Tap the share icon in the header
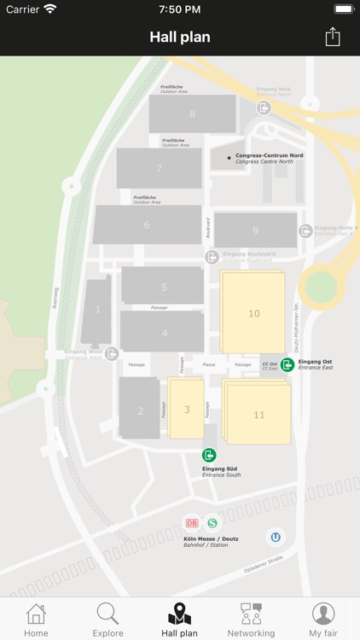[x=333, y=37]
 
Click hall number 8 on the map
[x=192, y=114]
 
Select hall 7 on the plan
[x=160, y=168]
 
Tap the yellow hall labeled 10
[x=253, y=313]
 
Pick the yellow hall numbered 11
[x=258, y=415]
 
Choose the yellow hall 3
[x=187, y=410]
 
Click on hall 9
[x=255, y=230]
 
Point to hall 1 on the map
[x=97, y=309]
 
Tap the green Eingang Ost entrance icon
[x=287, y=364]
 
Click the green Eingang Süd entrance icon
[x=209, y=455]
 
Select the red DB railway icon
[x=192, y=523]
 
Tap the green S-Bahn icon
[x=212, y=523]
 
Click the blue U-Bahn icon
[x=276, y=537]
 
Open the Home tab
[x=36, y=620]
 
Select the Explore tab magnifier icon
[x=107, y=613]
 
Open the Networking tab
[x=251, y=620]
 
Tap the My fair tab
[x=322, y=620]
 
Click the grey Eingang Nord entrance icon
[x=264, y=108]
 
